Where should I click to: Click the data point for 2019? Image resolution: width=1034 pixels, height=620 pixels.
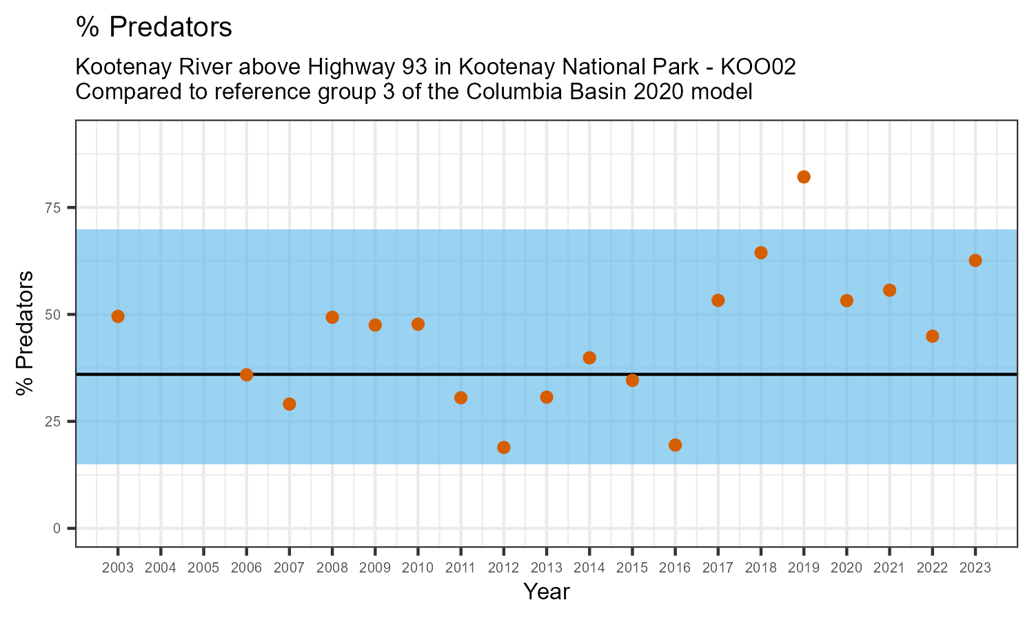[x=804, y=177]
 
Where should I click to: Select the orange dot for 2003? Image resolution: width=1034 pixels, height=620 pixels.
[x=118, y=316]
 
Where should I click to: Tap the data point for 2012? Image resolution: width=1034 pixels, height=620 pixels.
[x=504, y=447]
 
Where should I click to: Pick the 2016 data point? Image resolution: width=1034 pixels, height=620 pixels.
[x=676, y=445]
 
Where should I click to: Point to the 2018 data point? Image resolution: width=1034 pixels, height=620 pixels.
[x=761, y=253]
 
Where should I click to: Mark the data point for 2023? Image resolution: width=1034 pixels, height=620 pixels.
[x=975, y=260]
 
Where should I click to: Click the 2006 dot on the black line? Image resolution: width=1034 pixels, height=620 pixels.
[x=247, y=375]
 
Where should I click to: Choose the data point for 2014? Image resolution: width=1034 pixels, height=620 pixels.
[x=589, y=358]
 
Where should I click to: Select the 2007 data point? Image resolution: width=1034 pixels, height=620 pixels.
[x=290, y=404]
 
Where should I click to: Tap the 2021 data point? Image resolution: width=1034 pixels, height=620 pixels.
[x=890, y=290]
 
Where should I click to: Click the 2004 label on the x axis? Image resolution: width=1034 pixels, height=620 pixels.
[x=161, y=568]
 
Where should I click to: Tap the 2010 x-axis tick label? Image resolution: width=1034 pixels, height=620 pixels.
[x=418, y=568]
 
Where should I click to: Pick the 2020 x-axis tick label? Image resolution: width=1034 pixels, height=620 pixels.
[x=847, y=568]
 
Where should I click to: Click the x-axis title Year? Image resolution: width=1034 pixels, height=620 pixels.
[x=546, y=592]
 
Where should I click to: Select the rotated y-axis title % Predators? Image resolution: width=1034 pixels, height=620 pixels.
[x=26, y=333]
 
